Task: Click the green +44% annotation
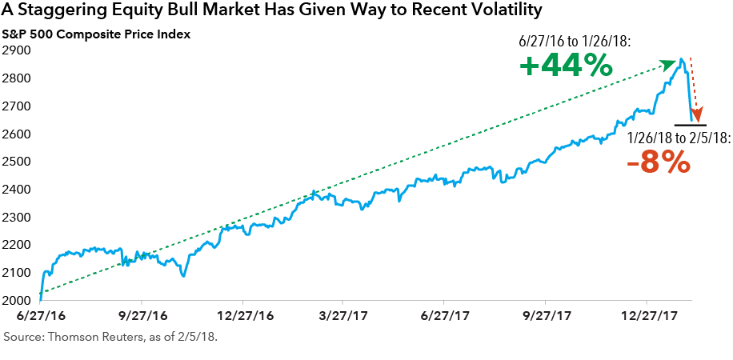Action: [x=566, y=66]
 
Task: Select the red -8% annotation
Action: [x=658, y=162]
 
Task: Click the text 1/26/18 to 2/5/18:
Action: [x=679, y=138]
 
